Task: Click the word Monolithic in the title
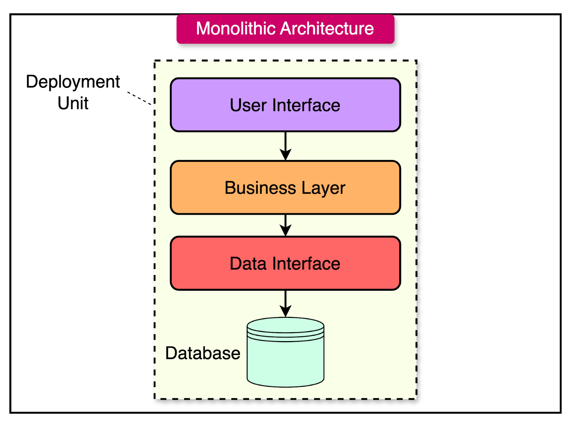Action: click(236, 29)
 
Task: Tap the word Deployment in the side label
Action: click(73, 82)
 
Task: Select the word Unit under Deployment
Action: click(73, 104)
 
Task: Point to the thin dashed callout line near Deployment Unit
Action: click(139, 98)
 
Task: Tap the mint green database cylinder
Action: click(285, 361)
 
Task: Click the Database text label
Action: click(203, 353)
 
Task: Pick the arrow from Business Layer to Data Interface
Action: click(285, 225)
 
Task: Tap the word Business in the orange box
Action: click(260, 188)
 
